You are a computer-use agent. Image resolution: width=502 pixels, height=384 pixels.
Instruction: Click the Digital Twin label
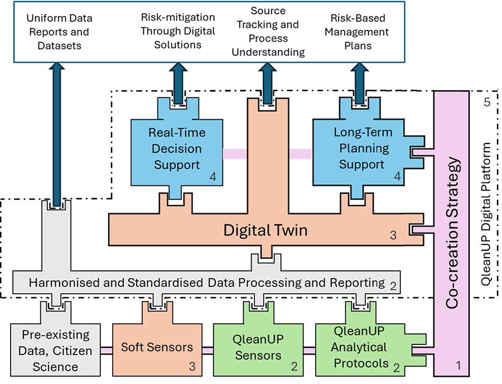(266, 229)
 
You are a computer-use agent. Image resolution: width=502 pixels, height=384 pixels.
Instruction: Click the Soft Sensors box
(157, 347)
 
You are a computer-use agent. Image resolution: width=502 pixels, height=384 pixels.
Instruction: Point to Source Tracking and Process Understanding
(269, 32)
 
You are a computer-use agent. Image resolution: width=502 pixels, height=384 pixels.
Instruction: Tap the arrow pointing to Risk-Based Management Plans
(360, 80)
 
